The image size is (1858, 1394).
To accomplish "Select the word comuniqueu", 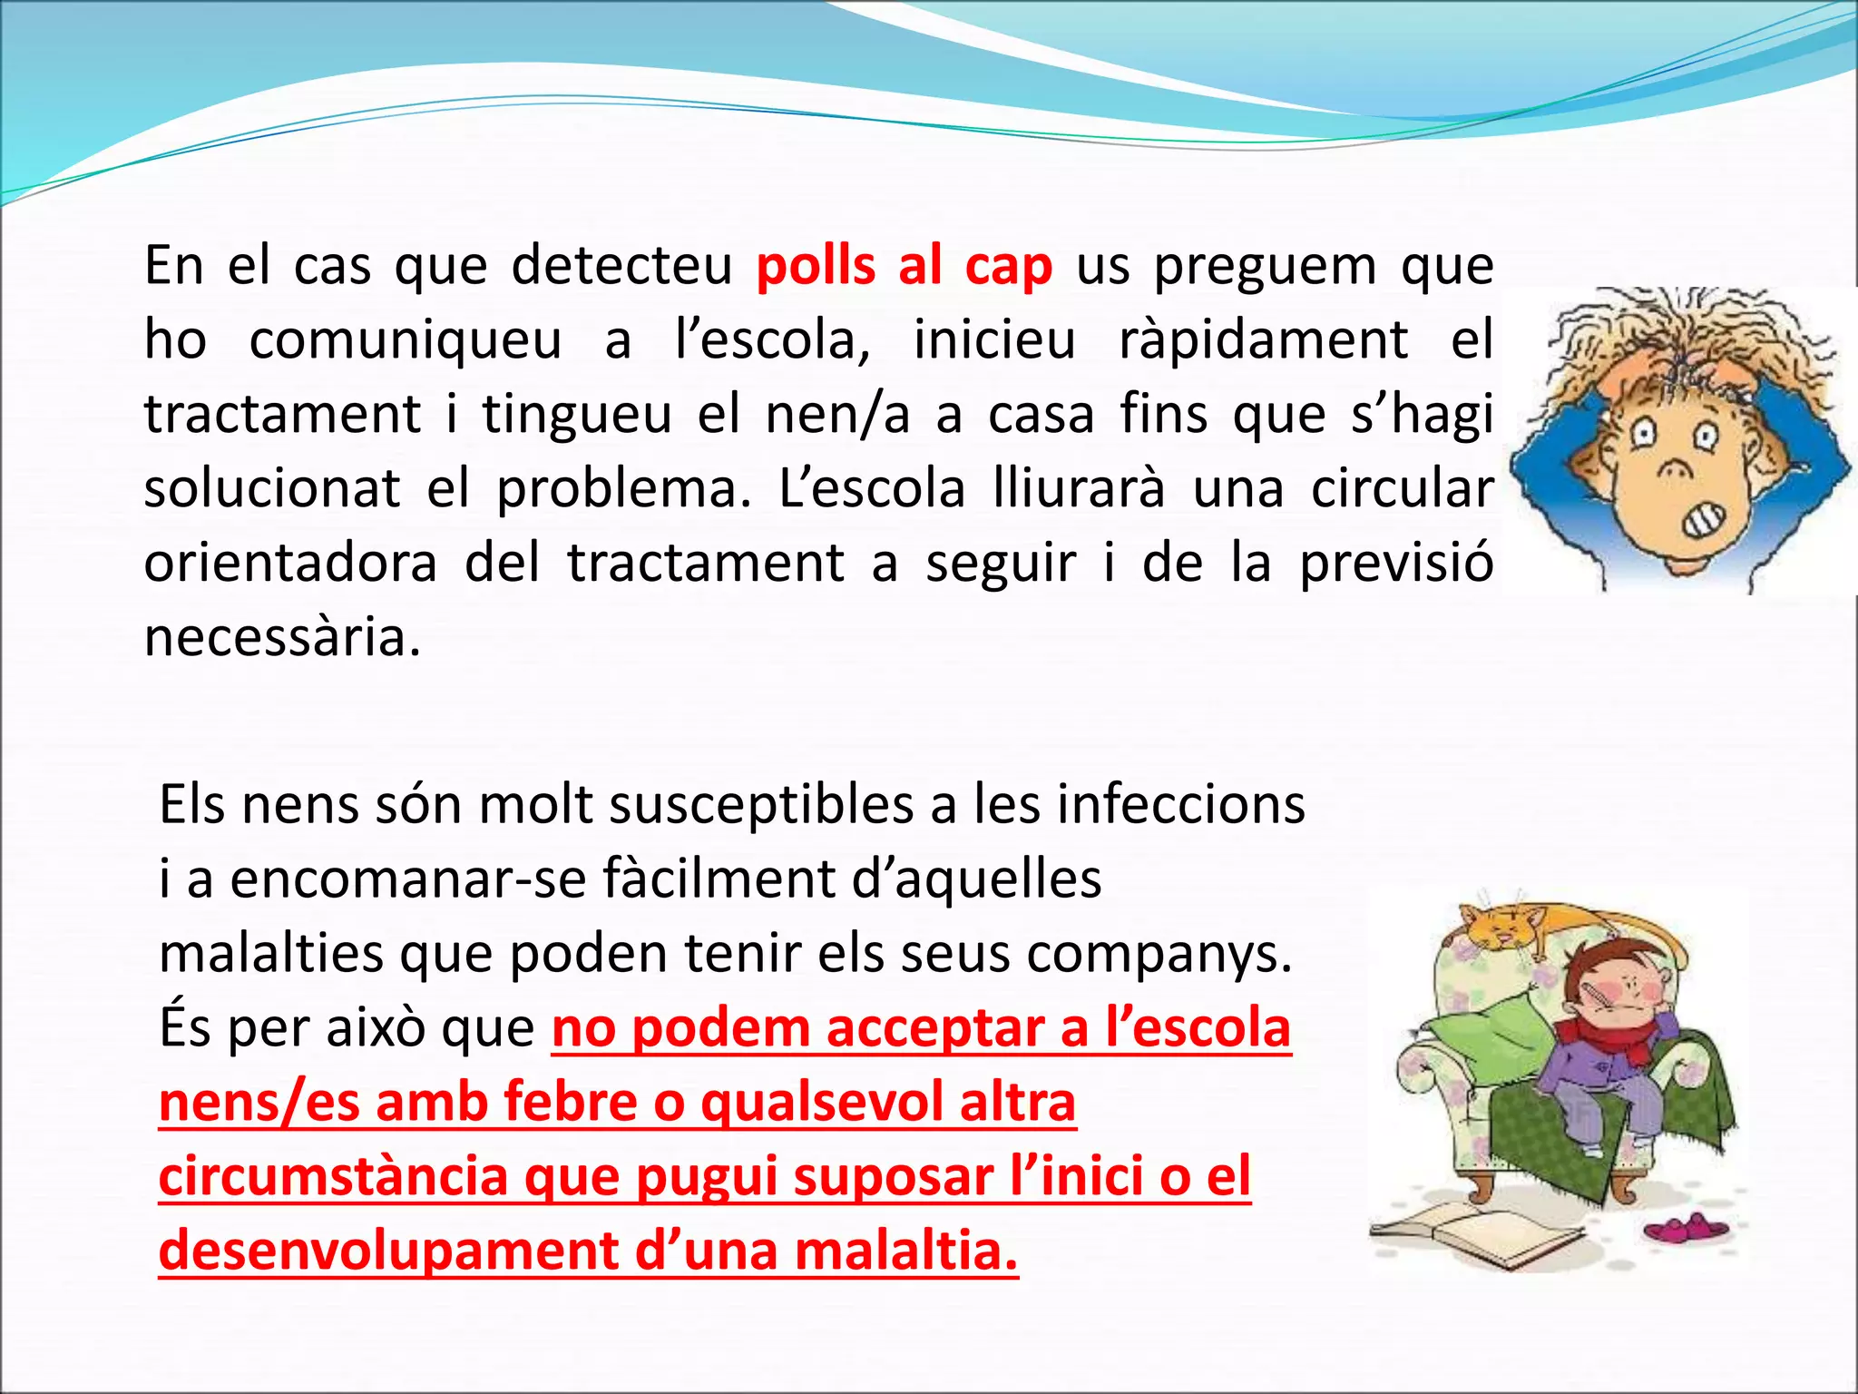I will (405, 340).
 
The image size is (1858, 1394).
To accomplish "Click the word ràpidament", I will (1263, 340).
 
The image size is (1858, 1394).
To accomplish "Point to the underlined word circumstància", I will (333, 1177).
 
